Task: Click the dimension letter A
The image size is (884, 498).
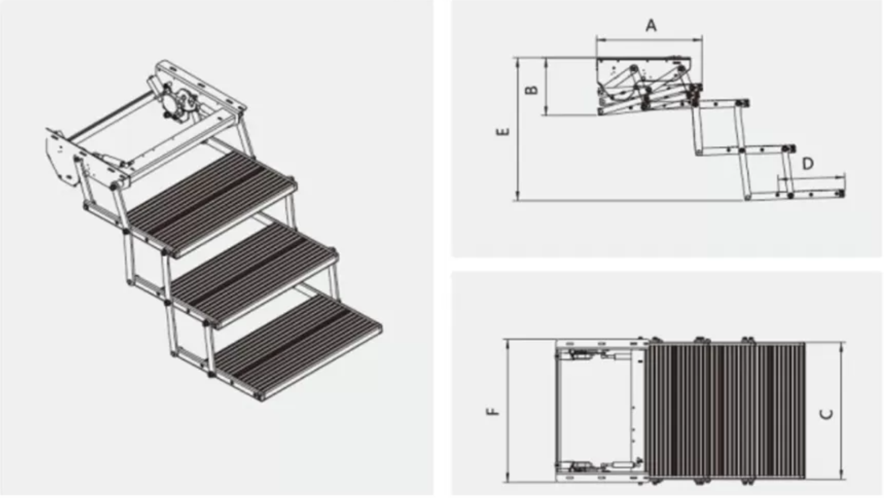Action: (x=651, y=26)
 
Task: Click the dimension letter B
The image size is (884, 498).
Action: (x=531, y=89)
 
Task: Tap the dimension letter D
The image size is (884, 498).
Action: (x=808, y=164)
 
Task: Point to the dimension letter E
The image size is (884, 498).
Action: (x=503, y=131)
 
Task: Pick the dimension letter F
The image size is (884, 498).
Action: (x=493, y=411)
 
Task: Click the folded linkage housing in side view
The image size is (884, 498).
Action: (x=647, y=84)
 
